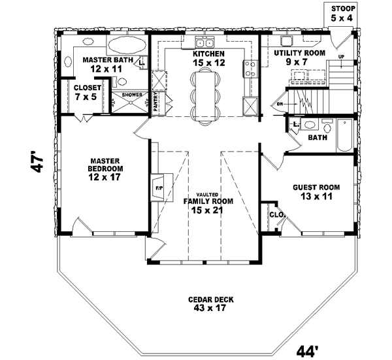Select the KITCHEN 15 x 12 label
[208, 58]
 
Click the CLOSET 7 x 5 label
[86, 92]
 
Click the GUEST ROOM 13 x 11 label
[312, 190]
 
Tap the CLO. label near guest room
[275, 214]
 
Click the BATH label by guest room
[317, 138]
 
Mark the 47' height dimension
[38, 163]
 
